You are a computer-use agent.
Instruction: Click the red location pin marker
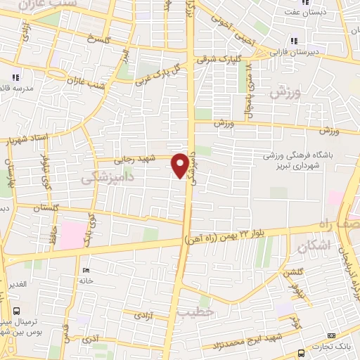click(x=181, y=165)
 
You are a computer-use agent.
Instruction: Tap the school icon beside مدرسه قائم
click(x=15, y=77)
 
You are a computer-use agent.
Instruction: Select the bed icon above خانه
click(x=86, y=270)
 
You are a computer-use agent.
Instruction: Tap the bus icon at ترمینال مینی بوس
click(x=16, y=310)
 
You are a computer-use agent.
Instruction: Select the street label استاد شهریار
click(x=26, y=139)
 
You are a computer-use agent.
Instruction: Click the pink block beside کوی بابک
click(x=70, y=233)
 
